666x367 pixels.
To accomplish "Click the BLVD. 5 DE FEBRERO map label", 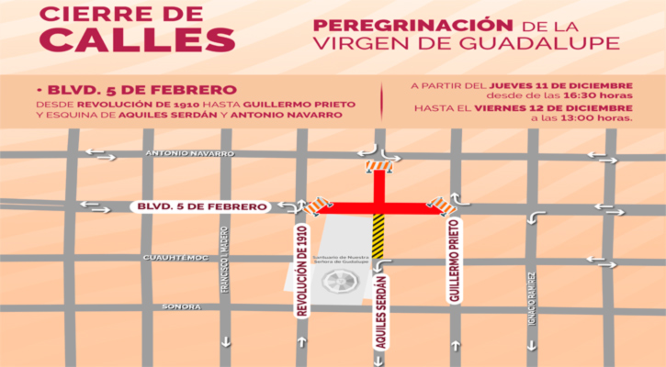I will click(199, 206).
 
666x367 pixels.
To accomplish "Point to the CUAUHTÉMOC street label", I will click(170, 258).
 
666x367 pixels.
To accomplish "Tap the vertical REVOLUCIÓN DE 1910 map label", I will click(301, 270).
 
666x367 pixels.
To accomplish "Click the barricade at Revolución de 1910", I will click(318, 206).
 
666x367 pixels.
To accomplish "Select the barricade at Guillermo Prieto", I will click(444, 204).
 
